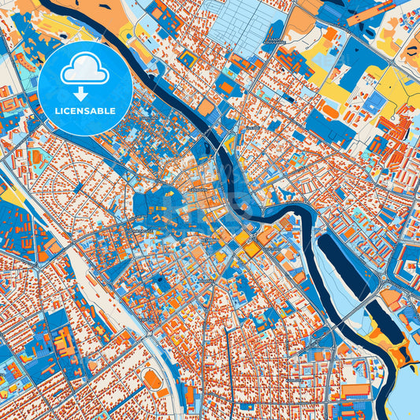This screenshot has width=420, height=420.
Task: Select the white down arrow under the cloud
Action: [x=84, y=93]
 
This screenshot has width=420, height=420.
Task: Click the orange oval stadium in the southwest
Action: [x=153, y=380]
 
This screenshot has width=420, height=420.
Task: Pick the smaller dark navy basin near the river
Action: [x=381, y=323]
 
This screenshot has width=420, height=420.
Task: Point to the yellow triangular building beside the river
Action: [x=229, y=144]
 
